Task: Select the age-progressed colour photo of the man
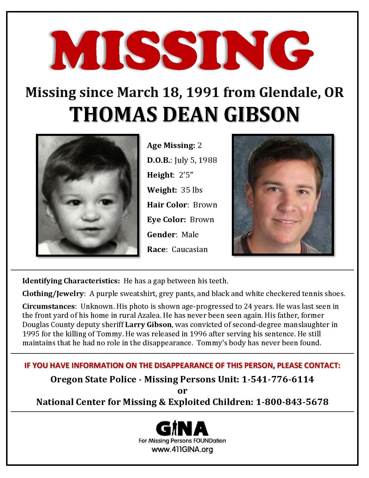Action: (283, 195)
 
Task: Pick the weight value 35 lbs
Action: (192, 190)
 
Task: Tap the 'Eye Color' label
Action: (166, 220)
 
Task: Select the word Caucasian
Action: (190, 249)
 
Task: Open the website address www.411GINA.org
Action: (182, 450)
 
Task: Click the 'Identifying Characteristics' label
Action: (71, 281)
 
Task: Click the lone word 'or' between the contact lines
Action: (182, 391)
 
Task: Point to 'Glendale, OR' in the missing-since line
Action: (301, 92)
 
